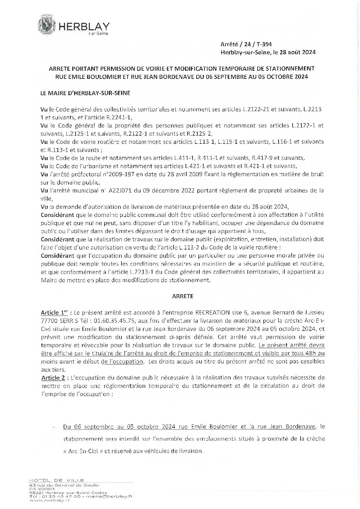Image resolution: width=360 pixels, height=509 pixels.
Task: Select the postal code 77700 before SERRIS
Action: [48, 320]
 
